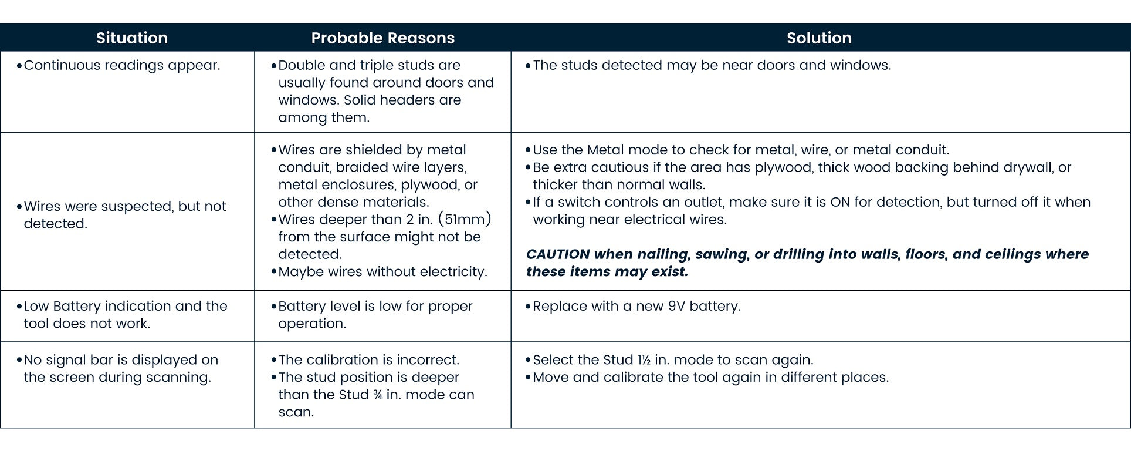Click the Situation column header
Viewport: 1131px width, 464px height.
coord(132,38)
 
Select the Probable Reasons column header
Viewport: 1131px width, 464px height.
coord(382,38)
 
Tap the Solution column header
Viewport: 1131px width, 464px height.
coord(819,38)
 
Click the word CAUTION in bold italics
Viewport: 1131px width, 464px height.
coord(558,254)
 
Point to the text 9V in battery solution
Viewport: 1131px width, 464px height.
coord(676,306)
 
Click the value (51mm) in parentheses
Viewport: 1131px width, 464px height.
coord(465,220)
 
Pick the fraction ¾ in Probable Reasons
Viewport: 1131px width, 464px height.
coord(377,395)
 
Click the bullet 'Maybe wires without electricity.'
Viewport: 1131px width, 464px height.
coord(382,272)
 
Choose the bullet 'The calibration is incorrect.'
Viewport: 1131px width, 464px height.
coord(368,360)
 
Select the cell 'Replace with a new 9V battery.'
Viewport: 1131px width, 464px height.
coord(636,306)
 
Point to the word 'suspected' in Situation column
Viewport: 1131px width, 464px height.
coord(139,207)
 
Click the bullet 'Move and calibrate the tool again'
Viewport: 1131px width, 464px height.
coord(710,377)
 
